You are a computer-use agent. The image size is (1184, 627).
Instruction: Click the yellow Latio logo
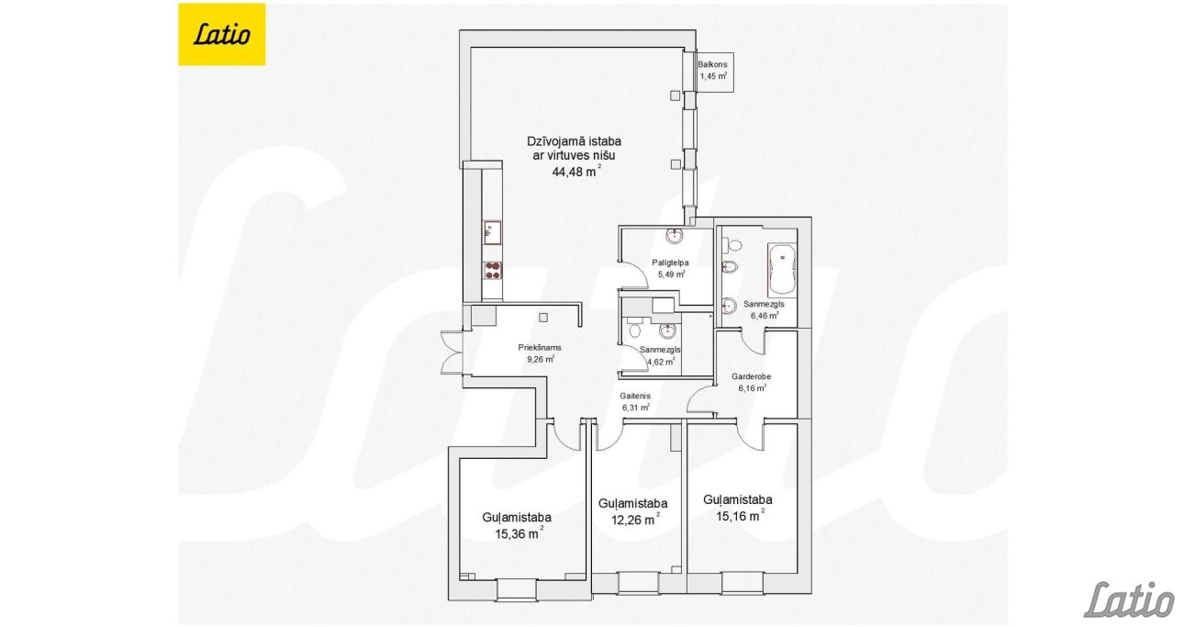[x=221, y=34]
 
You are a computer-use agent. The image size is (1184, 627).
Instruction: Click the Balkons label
[x=712, y=64]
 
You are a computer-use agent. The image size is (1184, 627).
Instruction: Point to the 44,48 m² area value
[x=576, y=171]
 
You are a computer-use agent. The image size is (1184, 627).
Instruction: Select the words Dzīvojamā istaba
[x=574, y=141]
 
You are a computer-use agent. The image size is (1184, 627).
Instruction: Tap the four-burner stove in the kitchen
[x=123, y=270]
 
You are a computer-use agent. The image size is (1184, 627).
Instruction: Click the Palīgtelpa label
[x=670, y=263]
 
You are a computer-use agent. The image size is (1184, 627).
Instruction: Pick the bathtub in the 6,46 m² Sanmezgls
[x=781, y=269]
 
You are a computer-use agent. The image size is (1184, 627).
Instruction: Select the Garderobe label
[x=751, y=376]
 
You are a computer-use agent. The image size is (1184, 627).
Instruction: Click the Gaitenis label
[x=635, y=396]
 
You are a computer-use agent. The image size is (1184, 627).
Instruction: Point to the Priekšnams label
[x=539, y=348]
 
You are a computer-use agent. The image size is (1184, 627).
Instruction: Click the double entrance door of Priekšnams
[x=452, y=353]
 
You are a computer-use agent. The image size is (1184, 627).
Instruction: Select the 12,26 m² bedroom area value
[x=635, y=520]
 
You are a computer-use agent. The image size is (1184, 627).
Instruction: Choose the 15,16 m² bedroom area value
[x=740, y=515]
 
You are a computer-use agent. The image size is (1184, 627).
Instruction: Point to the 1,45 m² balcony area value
[x=713, y=75]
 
